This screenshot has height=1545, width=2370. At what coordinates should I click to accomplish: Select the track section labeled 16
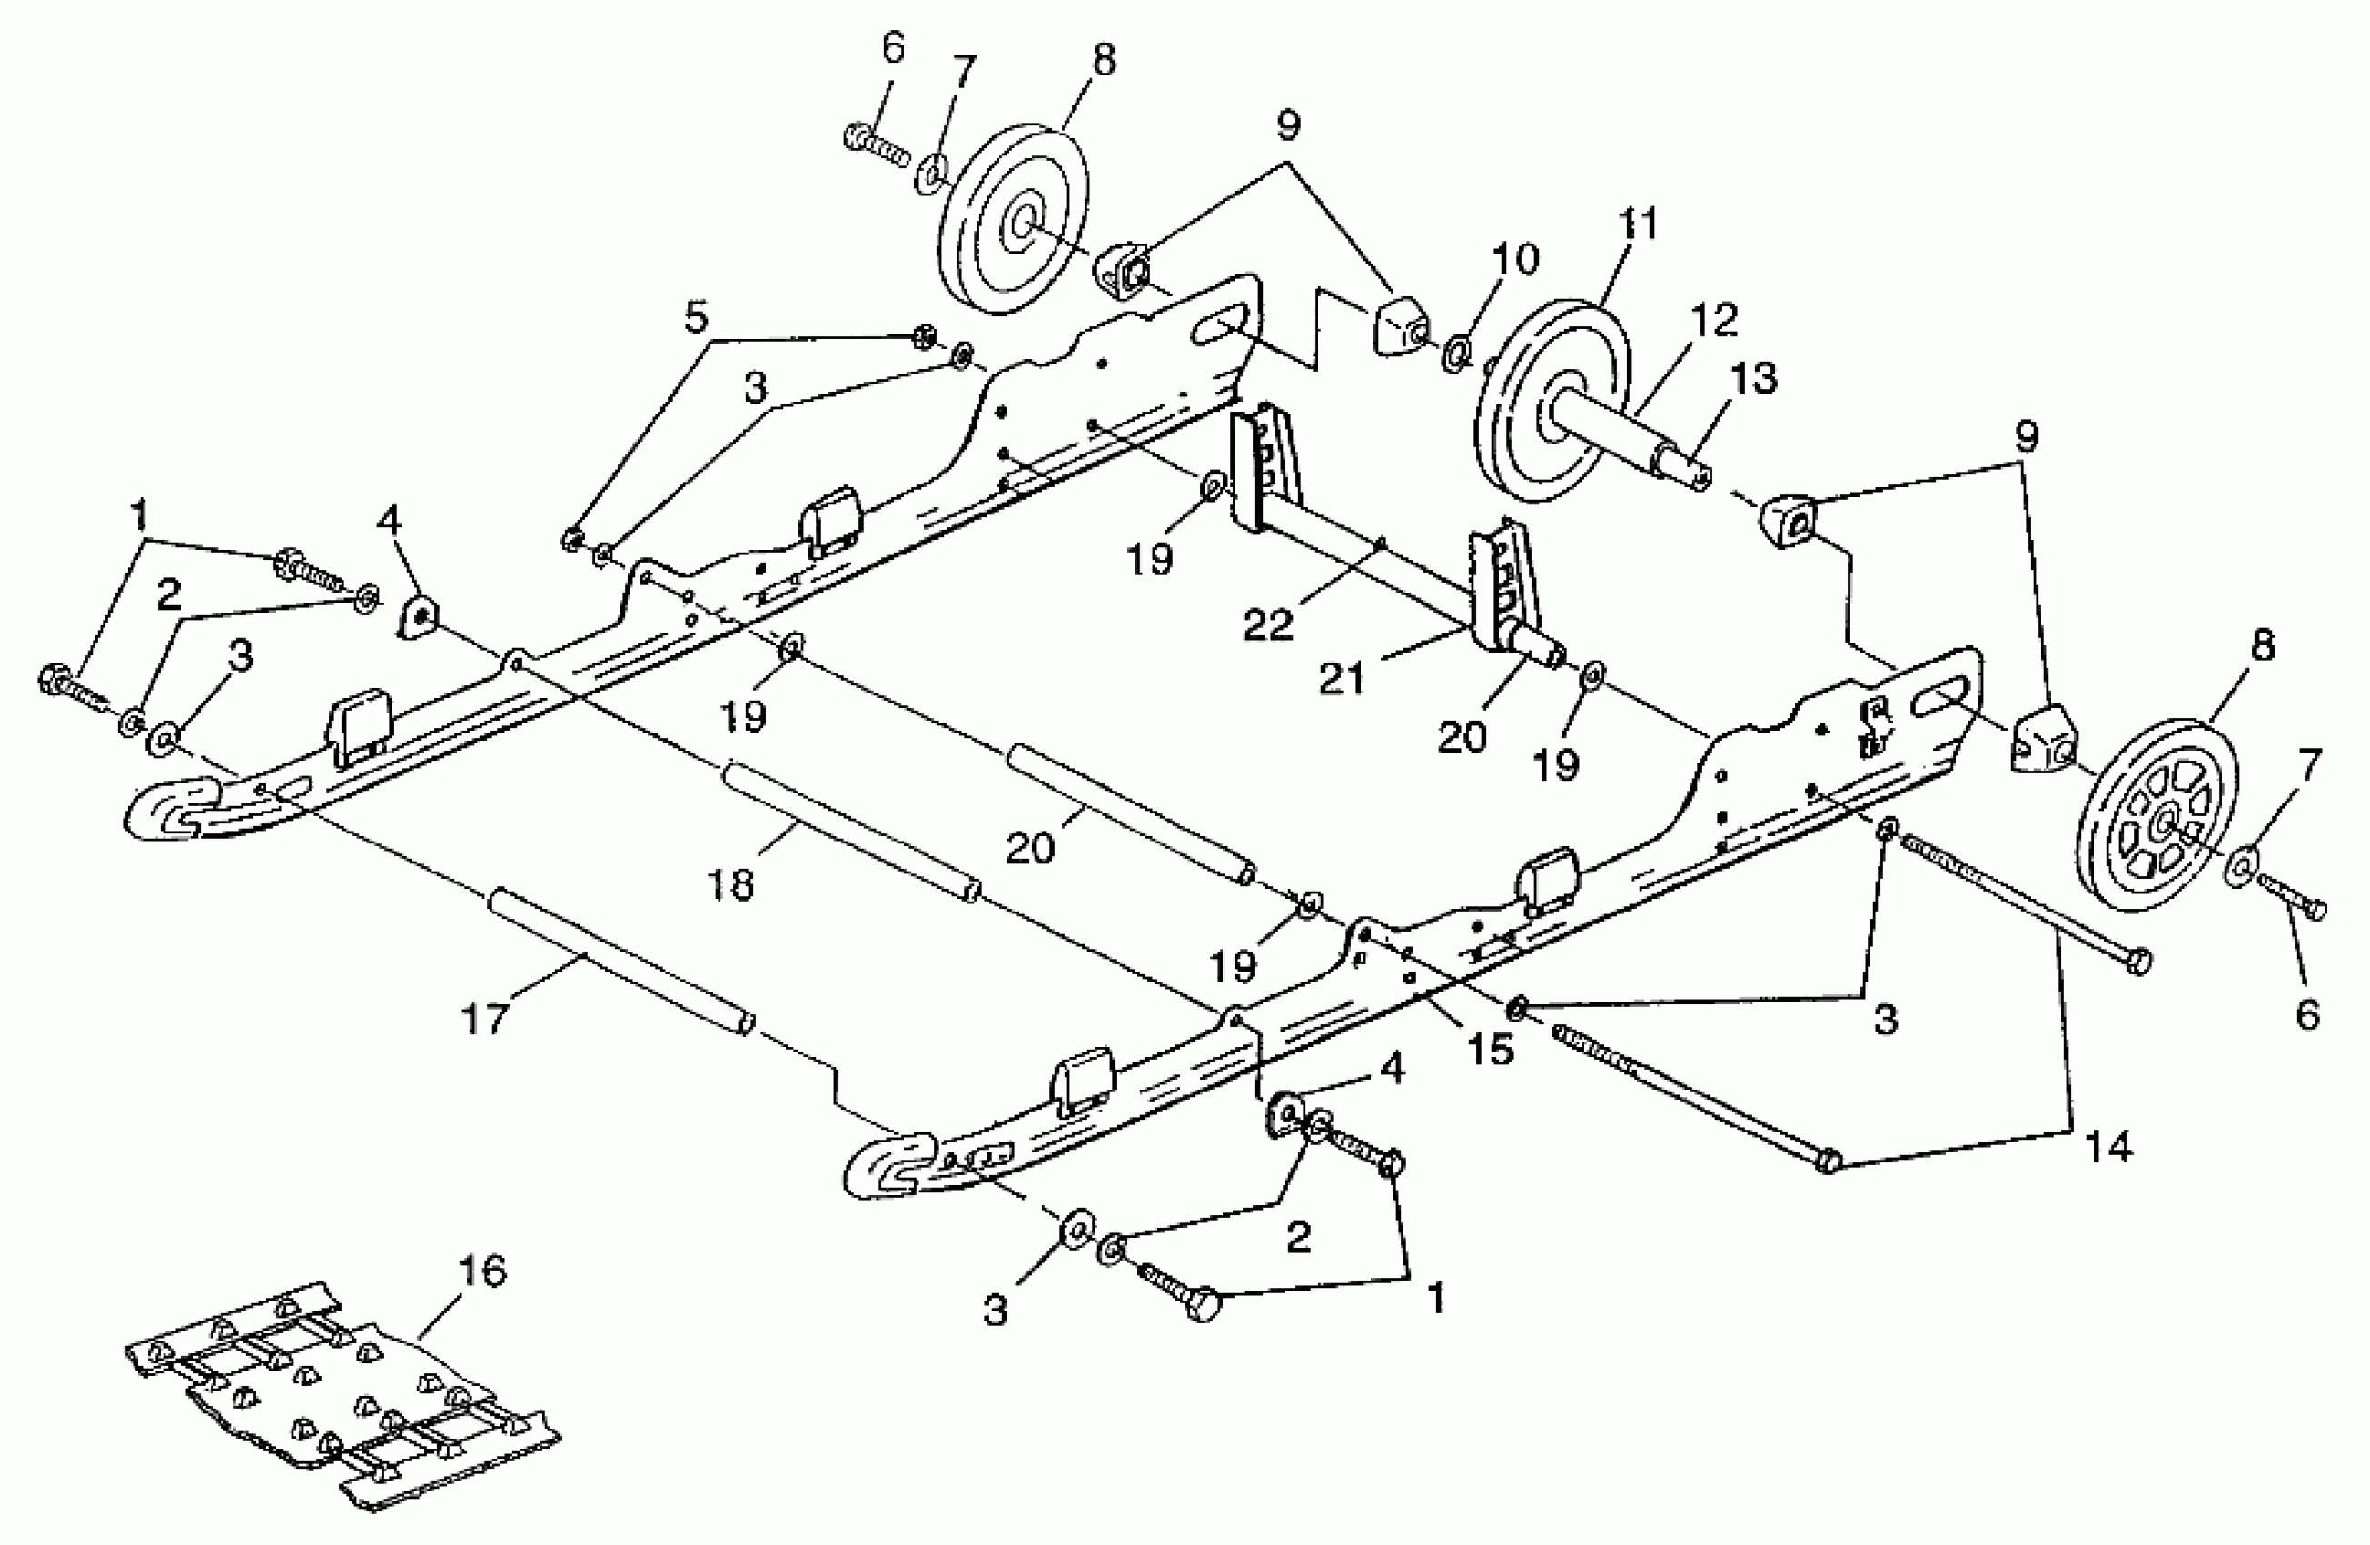[339, 1399]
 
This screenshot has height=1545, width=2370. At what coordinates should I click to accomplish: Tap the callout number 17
[485, 1020]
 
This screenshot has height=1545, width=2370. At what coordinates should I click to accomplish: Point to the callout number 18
[732, 883]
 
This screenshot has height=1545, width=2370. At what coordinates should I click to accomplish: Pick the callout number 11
[1637, 224]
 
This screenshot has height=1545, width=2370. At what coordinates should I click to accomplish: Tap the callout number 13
[1753, 379]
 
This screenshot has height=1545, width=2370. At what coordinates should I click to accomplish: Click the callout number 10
[1514, 259]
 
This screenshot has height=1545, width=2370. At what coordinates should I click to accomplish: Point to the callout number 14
[2108, 1148]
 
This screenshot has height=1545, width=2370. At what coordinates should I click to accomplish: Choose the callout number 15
[1491, 1049]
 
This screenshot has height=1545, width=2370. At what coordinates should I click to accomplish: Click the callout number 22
[1267, 625]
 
